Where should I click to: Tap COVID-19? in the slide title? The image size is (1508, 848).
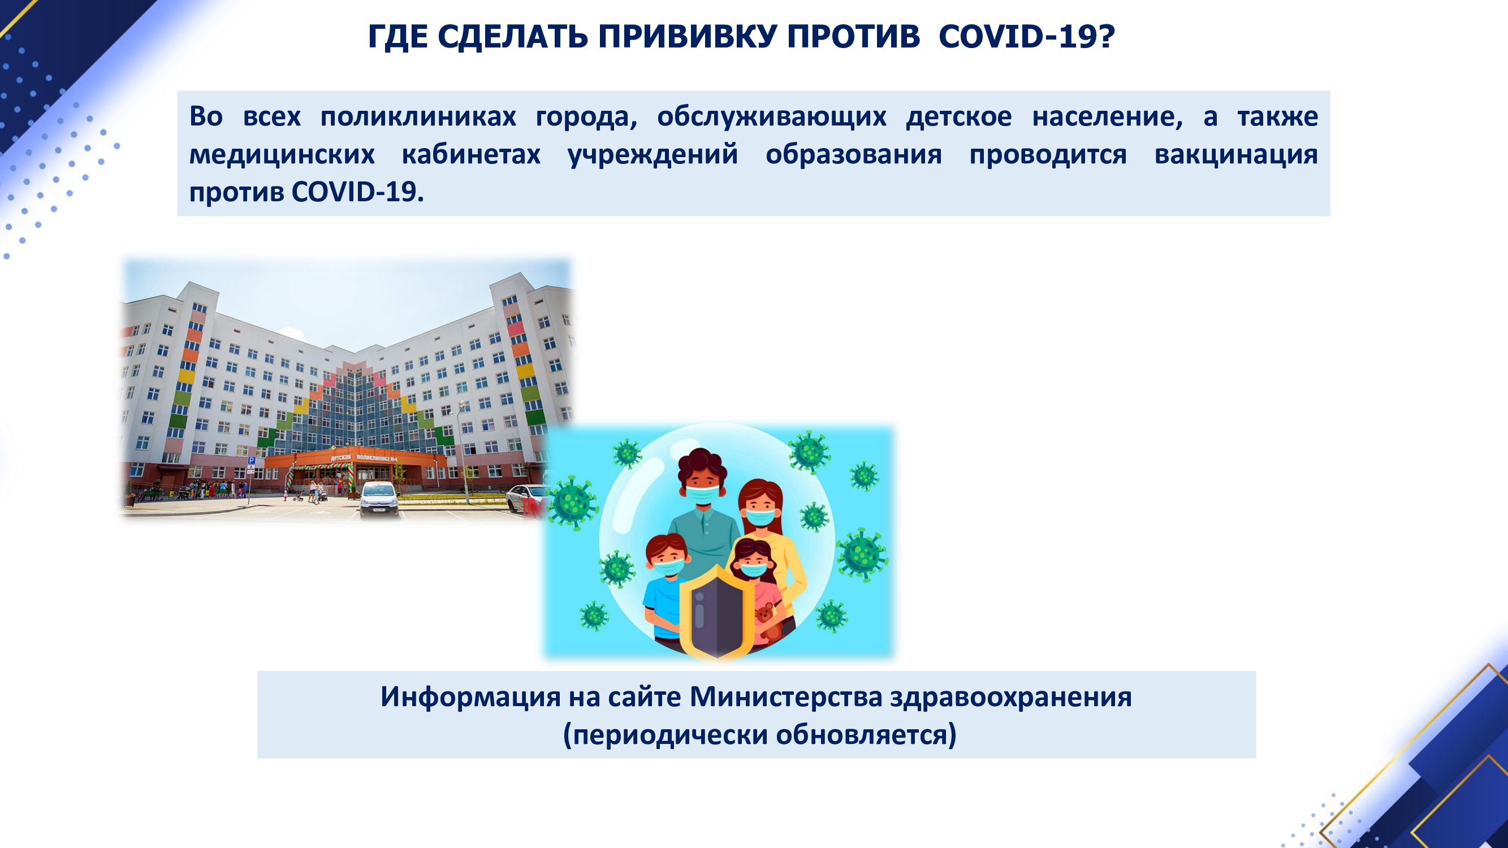coord(1027,37)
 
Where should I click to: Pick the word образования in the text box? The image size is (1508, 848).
coord(854,154)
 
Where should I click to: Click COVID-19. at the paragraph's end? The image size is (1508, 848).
coord(357,192)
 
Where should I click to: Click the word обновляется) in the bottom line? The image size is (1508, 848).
coord(866,734)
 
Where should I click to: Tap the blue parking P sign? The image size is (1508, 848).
coord(251,461)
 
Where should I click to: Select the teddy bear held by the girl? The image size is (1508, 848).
coord(766,622)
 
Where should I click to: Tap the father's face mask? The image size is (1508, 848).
coord(702,494)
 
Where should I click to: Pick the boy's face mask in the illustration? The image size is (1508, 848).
coord(668,566)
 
